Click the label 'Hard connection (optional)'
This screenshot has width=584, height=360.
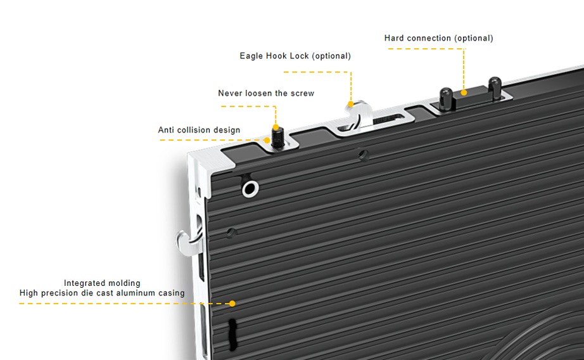(438, 38)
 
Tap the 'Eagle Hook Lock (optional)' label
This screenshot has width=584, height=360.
(295, 56)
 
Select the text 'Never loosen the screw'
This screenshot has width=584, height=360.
(266, 93)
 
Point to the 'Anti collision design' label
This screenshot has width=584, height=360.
(199, 130)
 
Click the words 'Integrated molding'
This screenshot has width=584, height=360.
(102, 283)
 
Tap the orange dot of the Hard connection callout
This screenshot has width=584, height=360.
(464, 93)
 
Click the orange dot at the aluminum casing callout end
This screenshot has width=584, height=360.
(232, 304)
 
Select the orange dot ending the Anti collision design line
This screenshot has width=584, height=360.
(267, 139)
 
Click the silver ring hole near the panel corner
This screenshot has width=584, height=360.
(250, 188)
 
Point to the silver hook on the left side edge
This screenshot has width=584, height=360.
(184, 240)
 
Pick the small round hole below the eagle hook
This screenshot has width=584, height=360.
(363, 153)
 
